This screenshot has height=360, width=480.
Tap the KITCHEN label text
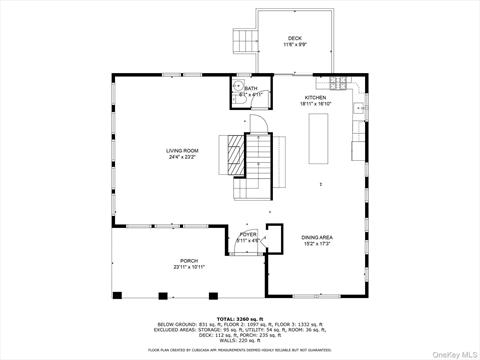tap(315, 97)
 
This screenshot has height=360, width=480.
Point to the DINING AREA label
tap(317, 237)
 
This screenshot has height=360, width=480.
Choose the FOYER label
tap(248, 234)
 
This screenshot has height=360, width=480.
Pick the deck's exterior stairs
tap(244, 41)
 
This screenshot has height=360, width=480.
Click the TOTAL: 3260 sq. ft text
tap(239, 317)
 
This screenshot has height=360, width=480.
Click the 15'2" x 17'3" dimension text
tap(317, 243)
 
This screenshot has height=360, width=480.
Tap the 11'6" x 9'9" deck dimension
tap(295, 44)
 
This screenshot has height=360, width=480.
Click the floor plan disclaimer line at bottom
tap(239, 350)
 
